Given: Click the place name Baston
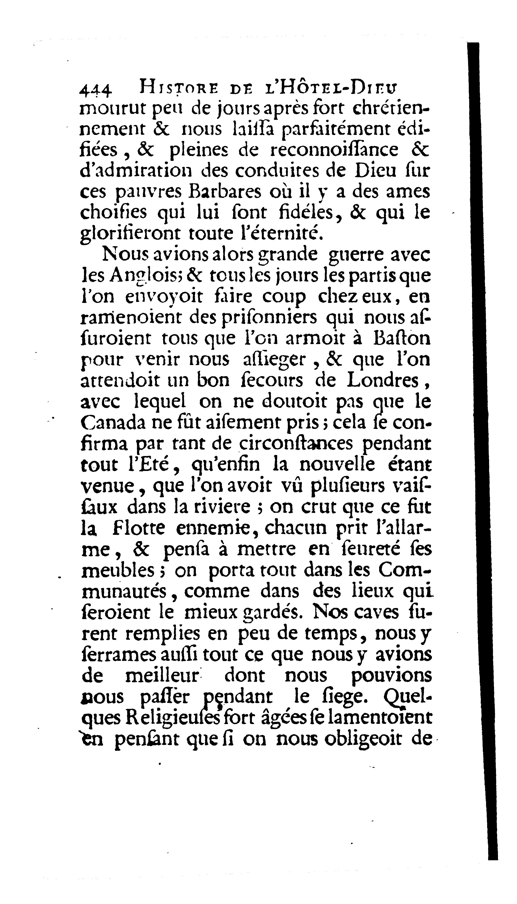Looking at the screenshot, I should pos(402,338).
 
